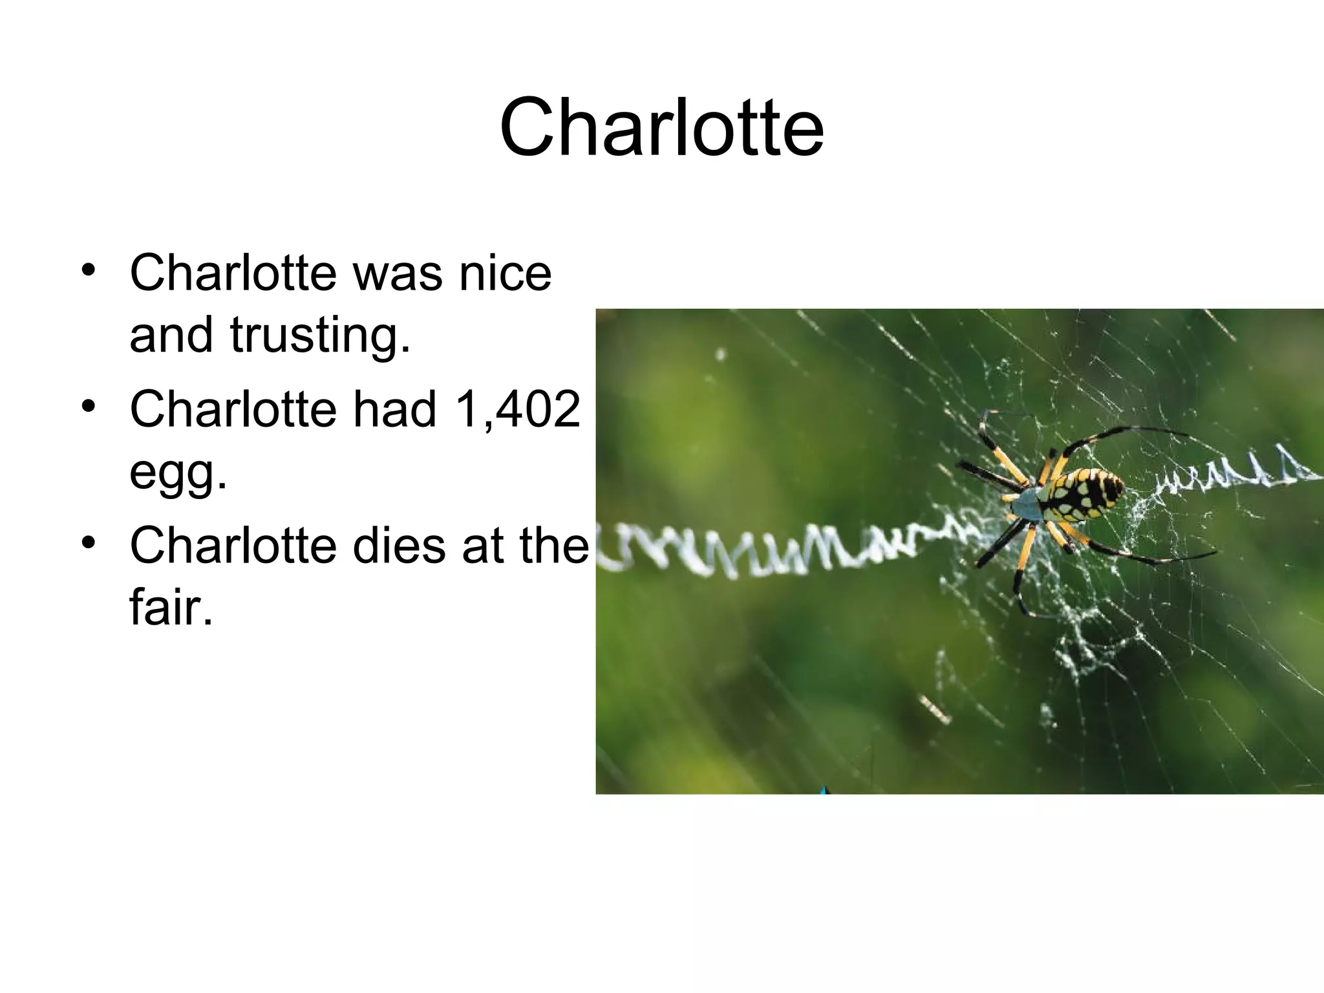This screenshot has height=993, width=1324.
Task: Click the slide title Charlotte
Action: click(661, 127)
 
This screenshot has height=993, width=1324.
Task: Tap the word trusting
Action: click(320, 336)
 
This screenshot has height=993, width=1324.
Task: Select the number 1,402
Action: click(517, 410)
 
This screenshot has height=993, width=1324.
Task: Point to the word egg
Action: click(178, 474)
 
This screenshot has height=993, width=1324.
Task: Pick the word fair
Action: click(171, 608)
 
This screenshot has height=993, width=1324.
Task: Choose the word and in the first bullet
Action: click(171, 336)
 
